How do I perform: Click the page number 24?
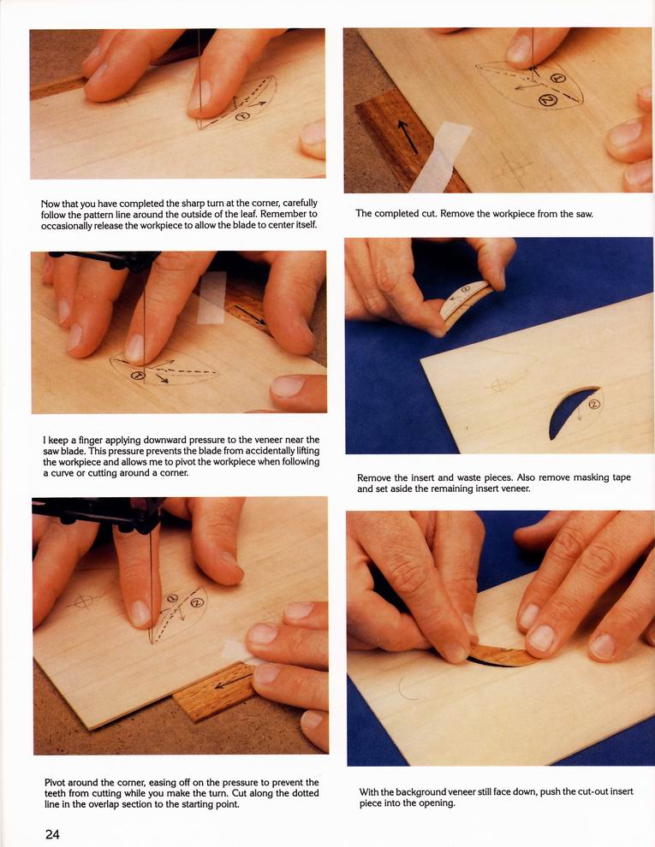(52, 834)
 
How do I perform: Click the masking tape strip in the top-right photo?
(441, 156)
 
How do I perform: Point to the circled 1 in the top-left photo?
(242, 115)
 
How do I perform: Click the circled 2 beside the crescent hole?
(594, 404)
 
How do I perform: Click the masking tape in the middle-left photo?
(211, 297)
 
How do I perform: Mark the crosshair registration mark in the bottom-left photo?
(83, 601)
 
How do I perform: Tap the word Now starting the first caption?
(51, 204)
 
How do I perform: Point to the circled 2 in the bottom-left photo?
(197, 602)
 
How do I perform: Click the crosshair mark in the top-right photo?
(511, 169)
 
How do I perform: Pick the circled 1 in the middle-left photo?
(139, 376)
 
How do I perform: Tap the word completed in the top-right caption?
(396, 213)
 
